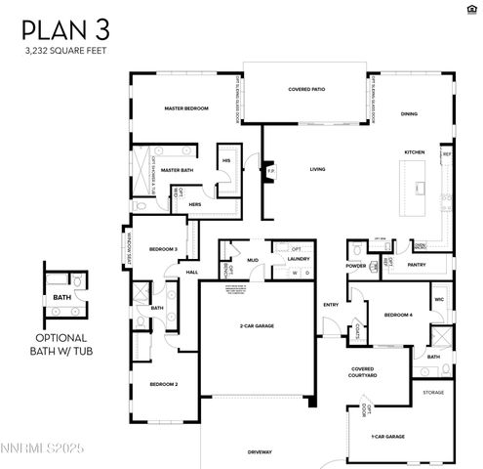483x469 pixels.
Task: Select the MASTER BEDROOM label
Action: (x=186, y=108)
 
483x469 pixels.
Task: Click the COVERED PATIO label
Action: (x=305, y=89)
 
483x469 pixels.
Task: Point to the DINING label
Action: (x=409, y=113)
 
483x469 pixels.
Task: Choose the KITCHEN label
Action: (x=415, y=152)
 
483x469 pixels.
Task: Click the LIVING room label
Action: (x=317, y=169)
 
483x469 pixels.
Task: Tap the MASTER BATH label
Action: (x=179, y=169)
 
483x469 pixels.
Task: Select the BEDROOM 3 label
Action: (x=162, y=249)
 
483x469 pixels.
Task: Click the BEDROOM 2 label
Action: (x=163, y=384)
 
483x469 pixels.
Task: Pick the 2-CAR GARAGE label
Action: (x=257, y=325)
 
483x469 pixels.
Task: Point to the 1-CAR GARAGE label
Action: (x=387, y=436)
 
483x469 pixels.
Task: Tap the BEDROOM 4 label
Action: (x=398, y=315)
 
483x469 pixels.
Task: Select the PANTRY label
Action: (x=416, y=264)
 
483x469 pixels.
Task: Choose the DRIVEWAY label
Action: (x=260, y=451)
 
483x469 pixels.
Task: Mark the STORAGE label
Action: (x=433, y=392)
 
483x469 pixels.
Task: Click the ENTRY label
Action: (x=331, y=305)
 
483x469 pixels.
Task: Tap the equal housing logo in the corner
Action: (x=473, y=9)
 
